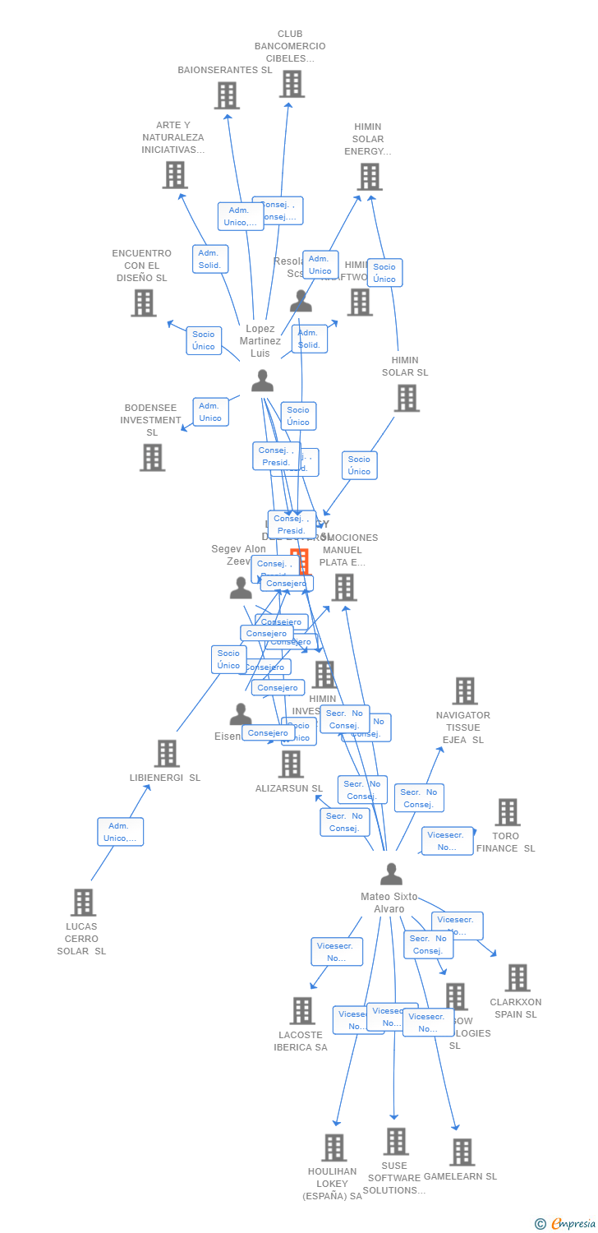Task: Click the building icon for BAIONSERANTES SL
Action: (227, 95)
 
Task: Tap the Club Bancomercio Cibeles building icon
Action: (292, 84)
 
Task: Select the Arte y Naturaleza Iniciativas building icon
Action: (175, 175)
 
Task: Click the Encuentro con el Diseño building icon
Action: (144, 302)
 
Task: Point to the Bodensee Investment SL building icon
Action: (152, 457)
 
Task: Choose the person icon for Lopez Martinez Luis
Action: (262, 381)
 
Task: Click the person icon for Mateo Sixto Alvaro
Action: (391, 874)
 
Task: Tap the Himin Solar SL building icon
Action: (407, 398)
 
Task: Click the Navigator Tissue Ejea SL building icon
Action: (465, 691)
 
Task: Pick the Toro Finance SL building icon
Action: (508, 812)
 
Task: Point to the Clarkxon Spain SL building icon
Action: (517, 978)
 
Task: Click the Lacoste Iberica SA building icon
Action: (302, 1011)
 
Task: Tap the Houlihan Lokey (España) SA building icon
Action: (333, 1148)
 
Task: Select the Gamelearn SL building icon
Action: (462, 1152)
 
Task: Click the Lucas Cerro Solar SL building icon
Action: (82, 902)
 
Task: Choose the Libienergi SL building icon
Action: (167, 753)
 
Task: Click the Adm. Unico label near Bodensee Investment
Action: (210, 412)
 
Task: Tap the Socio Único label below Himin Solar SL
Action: (359, 465)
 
